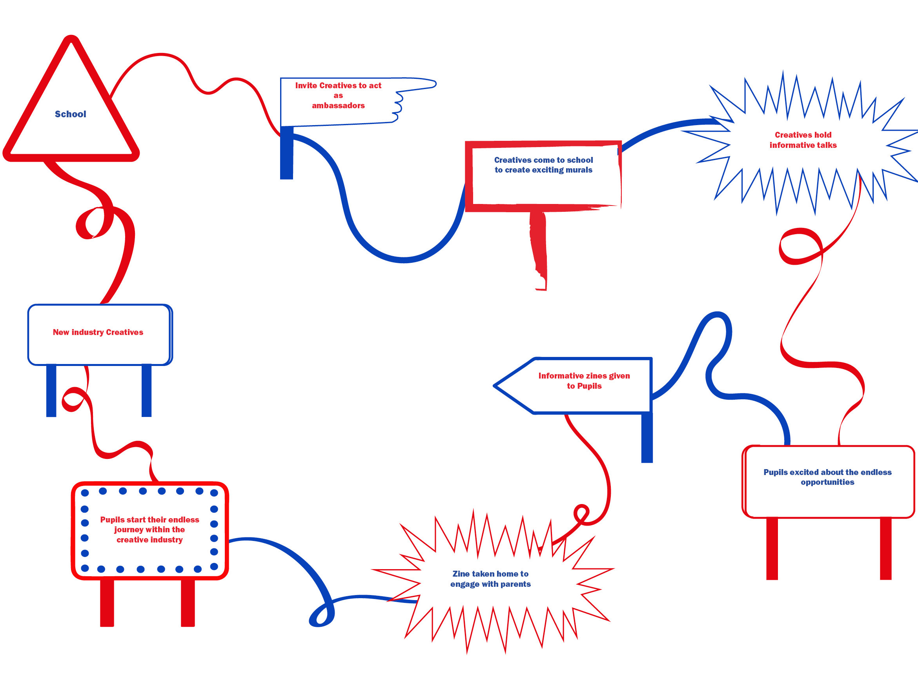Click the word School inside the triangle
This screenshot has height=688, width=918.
click(71, 114)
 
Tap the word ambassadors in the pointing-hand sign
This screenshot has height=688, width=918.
click(338, 106)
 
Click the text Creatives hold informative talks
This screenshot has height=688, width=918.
click(803, 140)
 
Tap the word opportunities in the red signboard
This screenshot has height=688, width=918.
click(827, 482)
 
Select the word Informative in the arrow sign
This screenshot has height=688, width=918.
click(560, 376)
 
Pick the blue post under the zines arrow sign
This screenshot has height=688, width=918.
click(647, 438)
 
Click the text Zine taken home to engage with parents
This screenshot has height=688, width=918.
click(490, 579)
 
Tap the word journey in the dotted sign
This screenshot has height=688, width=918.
click(129, 530)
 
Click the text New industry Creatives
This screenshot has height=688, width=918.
click(98, 332)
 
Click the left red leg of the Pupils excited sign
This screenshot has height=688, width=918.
click(772, 549)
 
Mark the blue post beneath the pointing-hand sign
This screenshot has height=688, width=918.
click(286, 153)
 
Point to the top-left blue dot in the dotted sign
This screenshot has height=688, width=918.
click(85, 493)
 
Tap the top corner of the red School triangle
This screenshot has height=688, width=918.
click(71, 40)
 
